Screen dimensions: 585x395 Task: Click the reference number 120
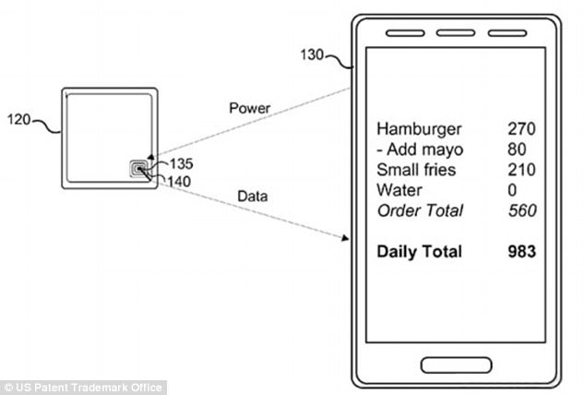tap(18, 120)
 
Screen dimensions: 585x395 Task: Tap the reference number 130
tap(312, 54)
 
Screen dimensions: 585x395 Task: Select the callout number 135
tap(182, 163)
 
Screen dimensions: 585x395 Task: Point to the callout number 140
tap(179, 182)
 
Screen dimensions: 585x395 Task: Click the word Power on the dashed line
tap(250, 108)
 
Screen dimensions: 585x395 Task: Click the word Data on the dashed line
tap(253, 197)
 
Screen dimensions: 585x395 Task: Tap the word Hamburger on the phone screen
tap(419, 130)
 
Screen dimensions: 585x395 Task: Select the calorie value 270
tap(521, 128)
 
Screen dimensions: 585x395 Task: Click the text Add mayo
tap(425, 150)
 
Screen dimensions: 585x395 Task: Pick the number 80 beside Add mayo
tap(517, 150)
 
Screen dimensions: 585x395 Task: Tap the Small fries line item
tap(416, 170)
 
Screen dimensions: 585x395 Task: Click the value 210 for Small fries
tap(521, 170)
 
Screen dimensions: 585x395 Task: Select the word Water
tap(400, 190)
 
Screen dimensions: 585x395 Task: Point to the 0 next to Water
tap(512, 190)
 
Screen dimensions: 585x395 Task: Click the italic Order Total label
tap(421, 210)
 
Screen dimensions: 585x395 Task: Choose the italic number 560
tap(522, 210)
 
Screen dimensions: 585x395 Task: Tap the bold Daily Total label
tap(419, 252)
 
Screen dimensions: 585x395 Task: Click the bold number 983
tap(522, 251)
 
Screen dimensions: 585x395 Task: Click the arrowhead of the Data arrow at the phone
tap(345, 238)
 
